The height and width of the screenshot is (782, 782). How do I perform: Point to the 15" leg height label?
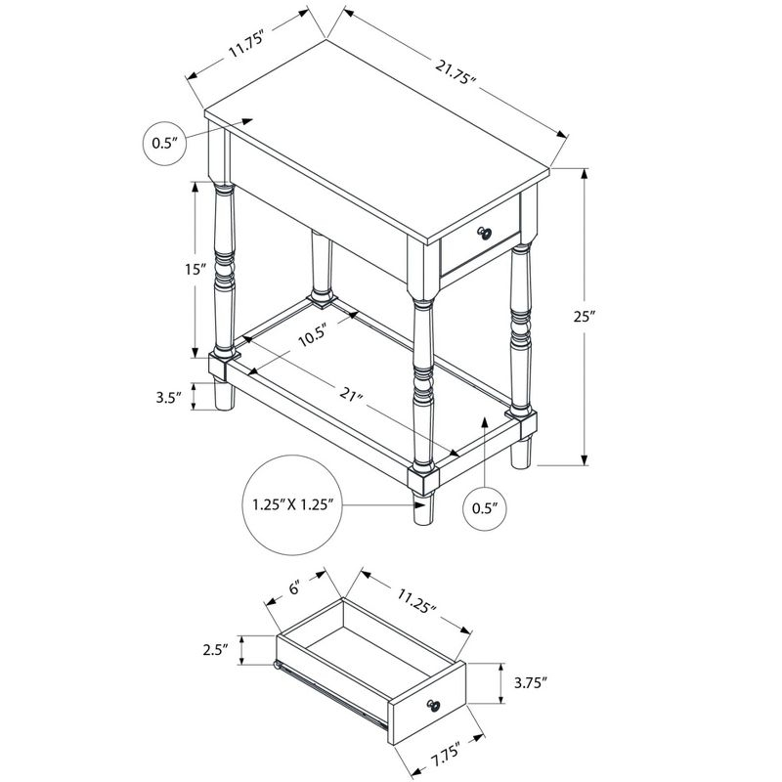coord(195,270)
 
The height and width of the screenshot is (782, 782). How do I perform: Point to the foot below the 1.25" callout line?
coord(423,511)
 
